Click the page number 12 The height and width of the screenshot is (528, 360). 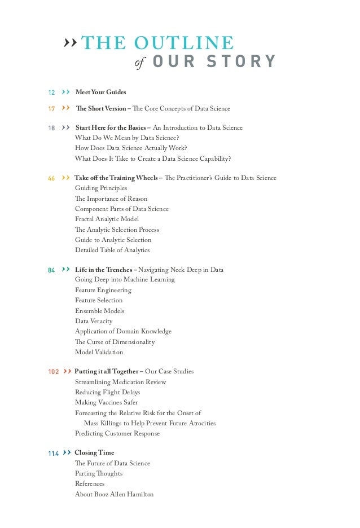click(51, 93)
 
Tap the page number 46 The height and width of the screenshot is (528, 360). click(51, 178)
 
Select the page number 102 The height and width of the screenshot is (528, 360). click(54, 372)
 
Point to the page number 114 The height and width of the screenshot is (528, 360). click(54, 453)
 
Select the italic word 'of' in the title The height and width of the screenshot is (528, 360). click(140, 63)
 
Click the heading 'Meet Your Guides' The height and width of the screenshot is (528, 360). click(100, 92)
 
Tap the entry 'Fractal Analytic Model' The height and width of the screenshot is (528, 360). click(107, 219)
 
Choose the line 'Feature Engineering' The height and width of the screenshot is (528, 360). click(103, 290)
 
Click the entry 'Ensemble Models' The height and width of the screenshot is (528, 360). click(99, 311)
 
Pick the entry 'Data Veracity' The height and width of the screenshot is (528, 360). click(94, 321)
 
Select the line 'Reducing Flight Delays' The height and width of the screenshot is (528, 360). click(107, 392)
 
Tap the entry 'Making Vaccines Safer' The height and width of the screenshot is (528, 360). click(106, 402)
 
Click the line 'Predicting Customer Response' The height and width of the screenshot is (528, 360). click(117, 433)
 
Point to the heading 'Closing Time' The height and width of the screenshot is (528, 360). click(94, 452)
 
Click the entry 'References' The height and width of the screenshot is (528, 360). click(90, 483)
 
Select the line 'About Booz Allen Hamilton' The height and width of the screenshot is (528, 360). click(114, 494)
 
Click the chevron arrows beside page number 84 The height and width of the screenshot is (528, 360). click(66, 270)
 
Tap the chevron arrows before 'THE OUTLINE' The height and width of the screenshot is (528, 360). click(70, 42)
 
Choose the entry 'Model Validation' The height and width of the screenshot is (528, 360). click(99, 352)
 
